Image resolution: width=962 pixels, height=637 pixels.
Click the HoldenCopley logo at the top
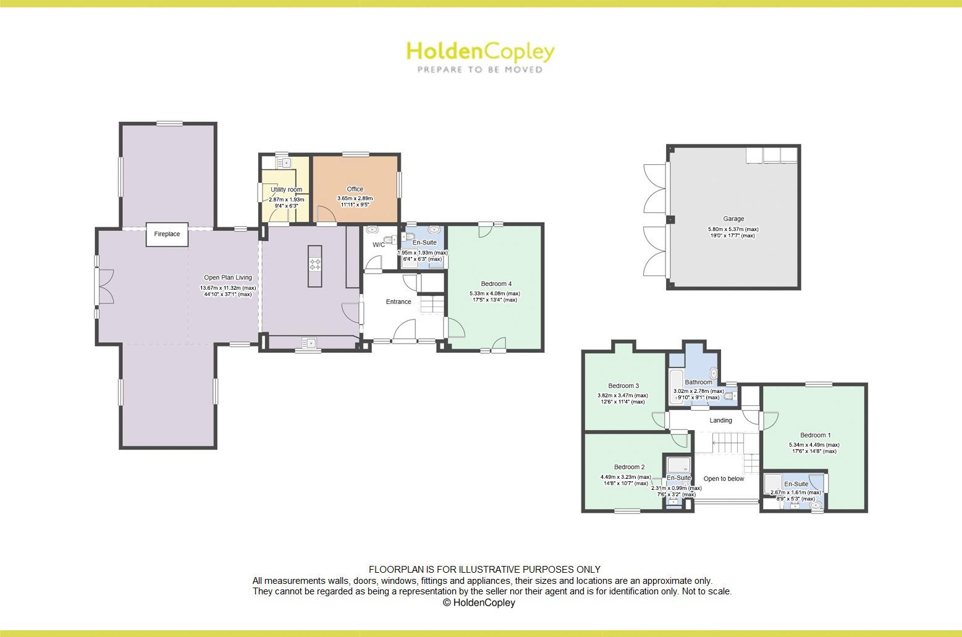pyautogui.click(x=480, y=52)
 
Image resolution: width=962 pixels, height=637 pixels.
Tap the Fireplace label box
pyautogui.click(x=167, y=234)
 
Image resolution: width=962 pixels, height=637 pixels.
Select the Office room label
pyautogui.click(x=355, y=189)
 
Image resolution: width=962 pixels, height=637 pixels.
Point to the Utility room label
pyautogui.click(x=286, y=190)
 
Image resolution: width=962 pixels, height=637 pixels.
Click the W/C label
pyautogui.click(x=378, y=245)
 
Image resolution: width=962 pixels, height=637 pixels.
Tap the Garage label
pyautogui.click(x=733, y=219)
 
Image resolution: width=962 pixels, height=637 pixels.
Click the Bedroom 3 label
pyautogui.click(x=623, y=386)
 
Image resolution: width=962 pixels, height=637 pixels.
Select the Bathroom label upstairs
pyautogui.click(x=698, y=382)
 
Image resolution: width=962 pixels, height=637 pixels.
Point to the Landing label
pyautogui.click(x=720, y=421)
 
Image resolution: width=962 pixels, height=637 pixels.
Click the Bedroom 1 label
pyautogui.click(x=815, y=435)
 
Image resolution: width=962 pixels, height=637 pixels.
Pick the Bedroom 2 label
pyautogui.click(x=629, y=467)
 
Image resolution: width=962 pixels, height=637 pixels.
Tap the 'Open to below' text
pyautogui.click(x=724, y=479)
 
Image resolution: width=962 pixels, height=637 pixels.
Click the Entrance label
pyautogui.click(x=398, y=302)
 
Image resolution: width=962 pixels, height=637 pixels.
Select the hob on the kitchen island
pyautogui.click(x=315, y=264)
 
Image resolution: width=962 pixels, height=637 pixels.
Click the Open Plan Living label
pyautogui.click(x=228, y=278)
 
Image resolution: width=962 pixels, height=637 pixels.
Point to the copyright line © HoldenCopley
pyautogui.click(x=479, y=603)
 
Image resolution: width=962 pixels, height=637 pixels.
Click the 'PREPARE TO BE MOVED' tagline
pyautogui.click(x=479, y=70)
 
